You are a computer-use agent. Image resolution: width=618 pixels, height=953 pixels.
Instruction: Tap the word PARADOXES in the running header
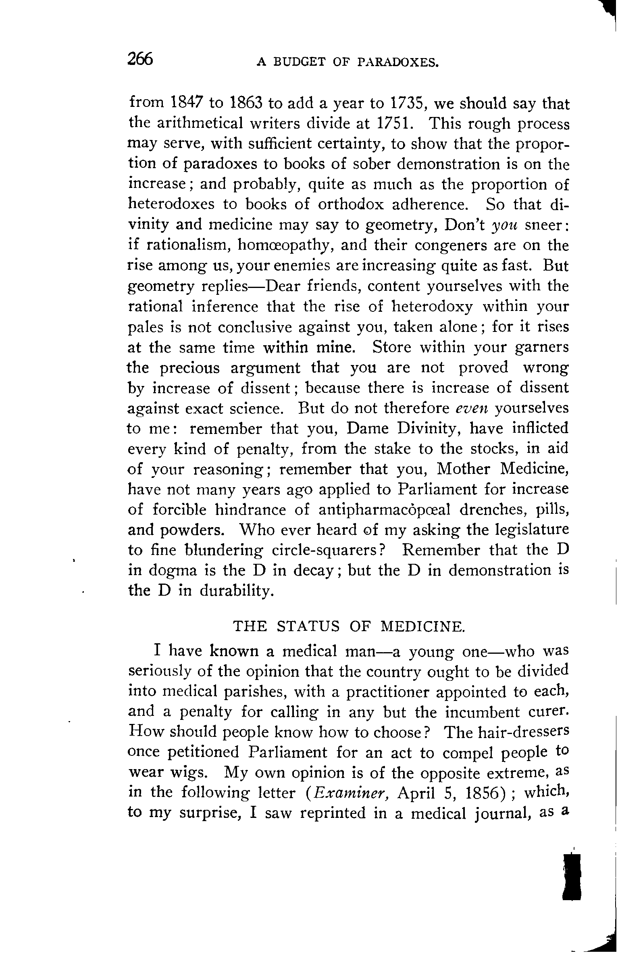pos(397,63)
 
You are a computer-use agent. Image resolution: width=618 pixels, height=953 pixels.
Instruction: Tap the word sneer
pos(546,225)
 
